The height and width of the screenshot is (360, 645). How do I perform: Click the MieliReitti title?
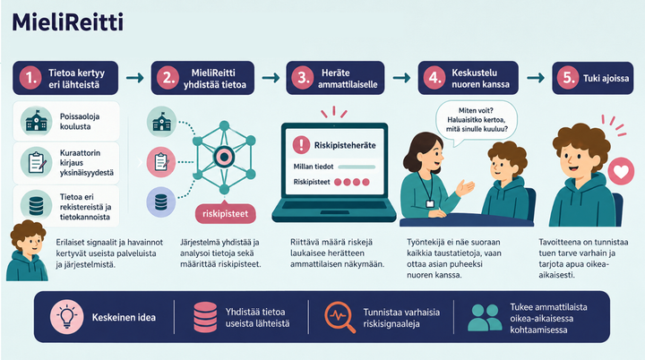68,22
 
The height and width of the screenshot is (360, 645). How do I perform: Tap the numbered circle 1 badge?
30,78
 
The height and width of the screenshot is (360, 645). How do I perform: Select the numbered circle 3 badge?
303,78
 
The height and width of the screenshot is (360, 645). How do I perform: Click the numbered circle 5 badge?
568,78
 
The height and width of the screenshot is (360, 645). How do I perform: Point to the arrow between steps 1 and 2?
135,78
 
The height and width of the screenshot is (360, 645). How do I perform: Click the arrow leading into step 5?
536,78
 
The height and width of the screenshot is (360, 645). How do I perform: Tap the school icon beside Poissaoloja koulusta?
36,122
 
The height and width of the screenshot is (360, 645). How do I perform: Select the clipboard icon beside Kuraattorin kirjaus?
36,162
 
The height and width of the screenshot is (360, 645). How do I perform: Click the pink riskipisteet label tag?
225,213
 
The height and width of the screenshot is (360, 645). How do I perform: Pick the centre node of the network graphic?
224,157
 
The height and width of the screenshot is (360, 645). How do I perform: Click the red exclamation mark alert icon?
301,145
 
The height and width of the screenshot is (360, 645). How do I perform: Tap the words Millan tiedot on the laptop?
313,167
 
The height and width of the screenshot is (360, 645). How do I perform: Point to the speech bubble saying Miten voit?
476,121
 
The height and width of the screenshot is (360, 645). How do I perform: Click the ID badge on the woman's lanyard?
430,203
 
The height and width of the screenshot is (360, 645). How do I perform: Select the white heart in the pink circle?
621,171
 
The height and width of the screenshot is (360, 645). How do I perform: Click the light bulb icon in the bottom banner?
66,316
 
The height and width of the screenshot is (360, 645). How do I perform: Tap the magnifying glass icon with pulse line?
340,317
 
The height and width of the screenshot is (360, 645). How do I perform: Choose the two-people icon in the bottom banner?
485,318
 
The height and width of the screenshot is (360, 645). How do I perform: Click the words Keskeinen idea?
124,318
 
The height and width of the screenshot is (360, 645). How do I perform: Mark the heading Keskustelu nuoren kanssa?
480,78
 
